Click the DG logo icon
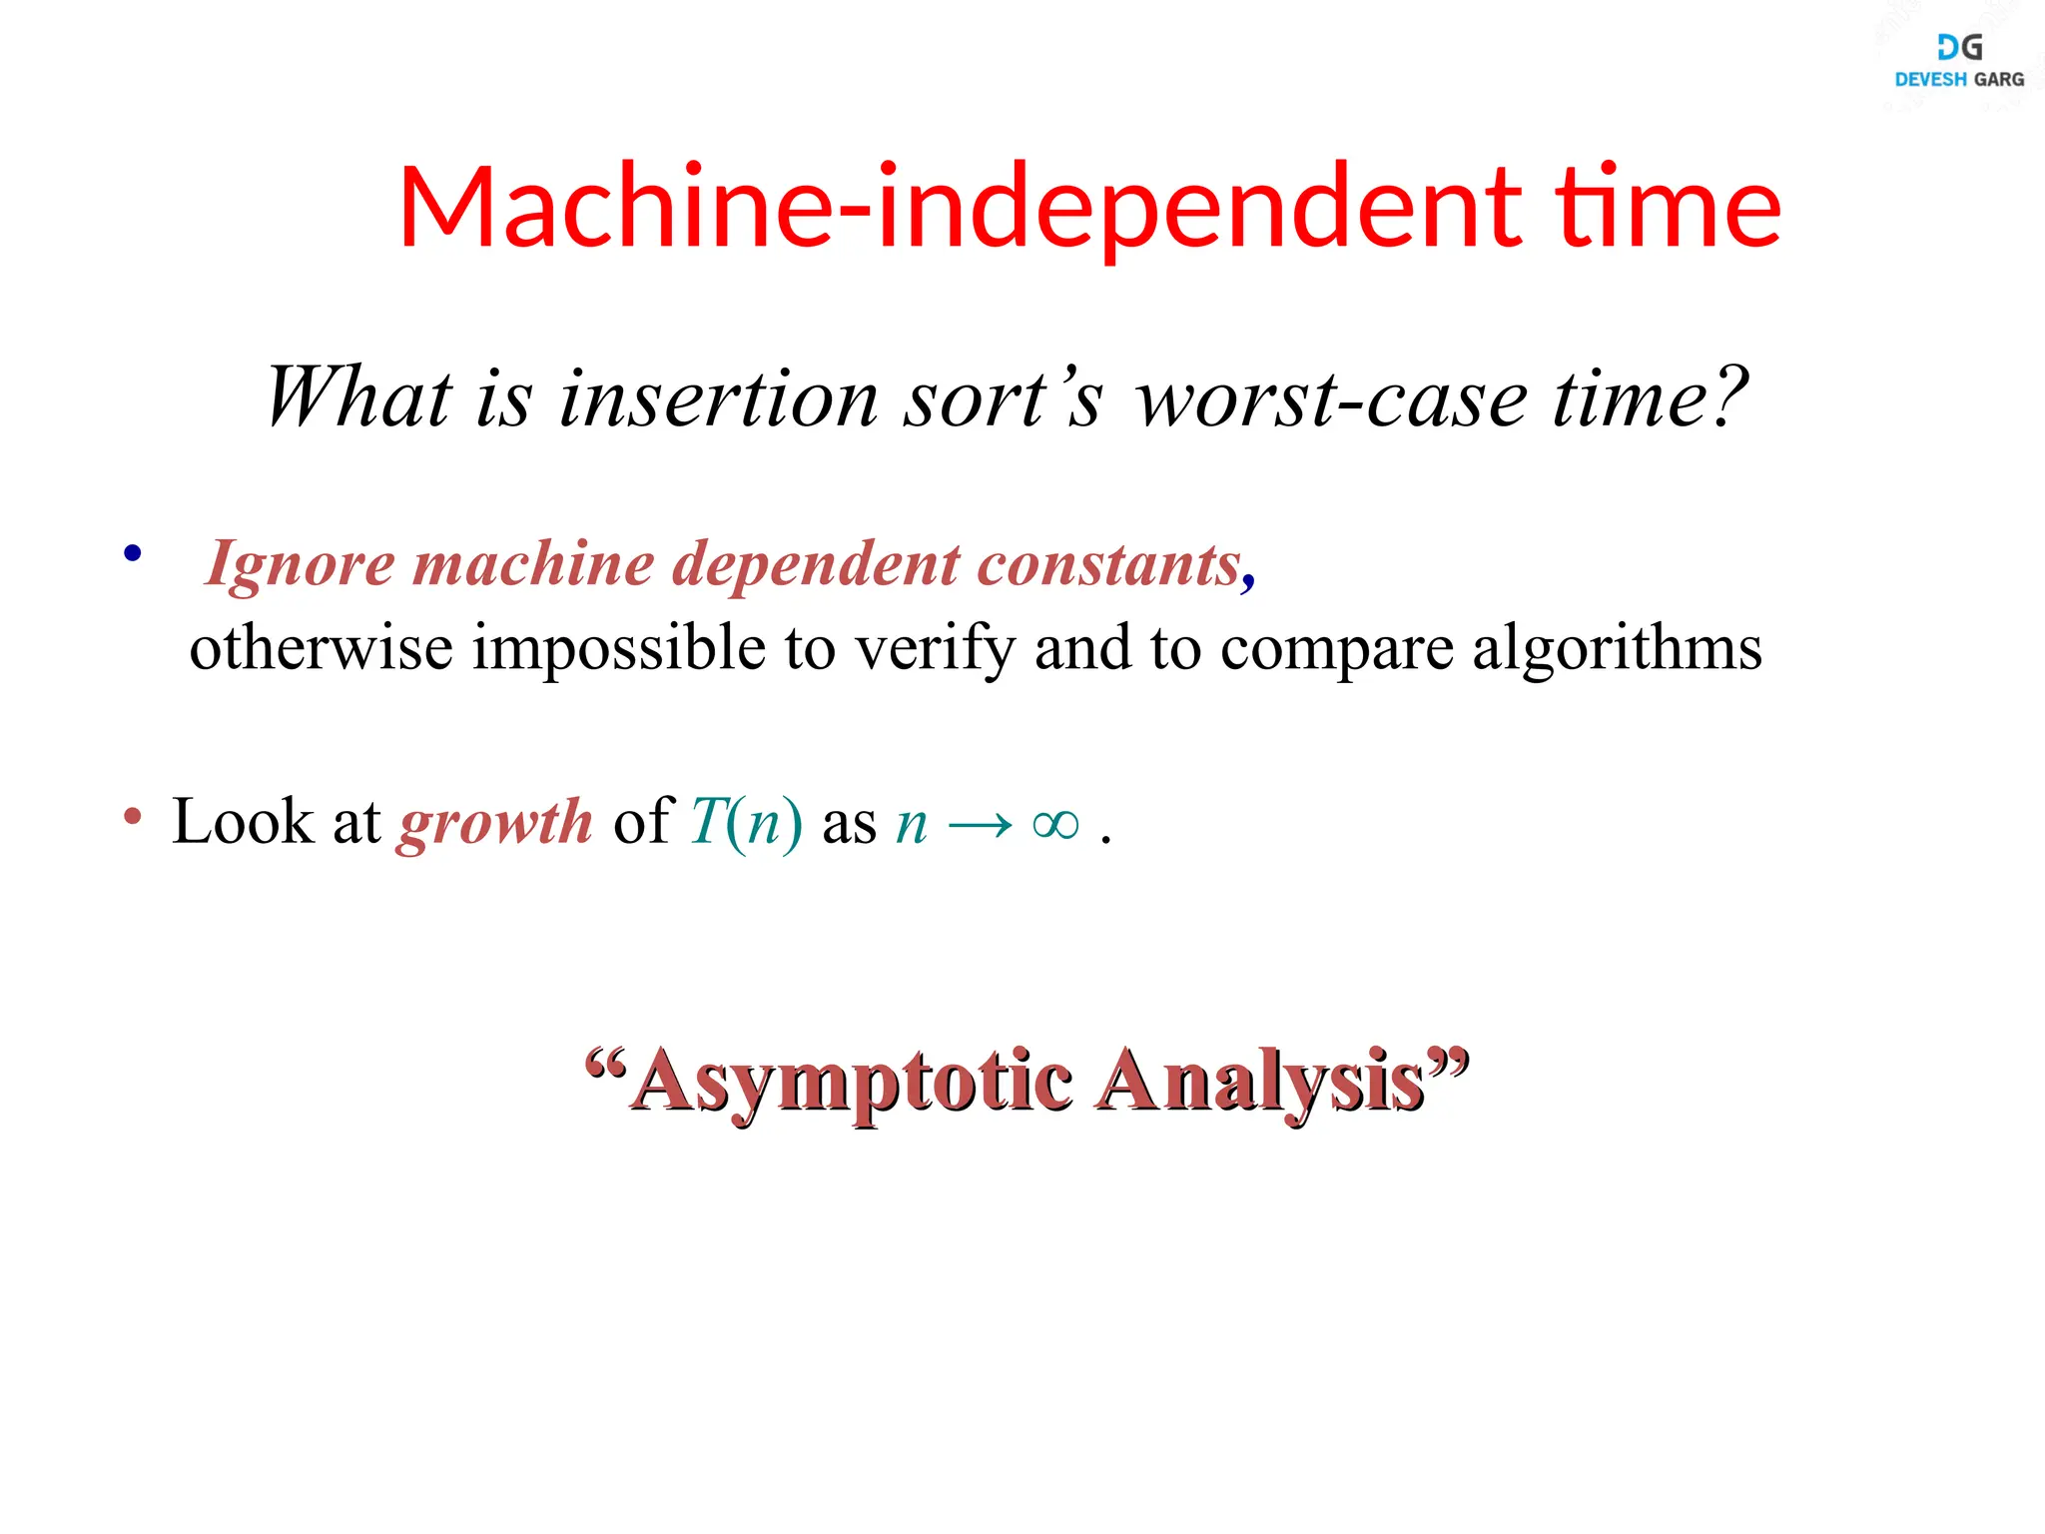(1959, 47)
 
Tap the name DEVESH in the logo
(1930, 80)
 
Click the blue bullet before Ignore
(133, 553)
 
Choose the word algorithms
(1617, 649)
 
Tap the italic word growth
(495, 824)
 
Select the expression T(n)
(746, 824)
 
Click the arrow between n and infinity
(980, 826)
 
